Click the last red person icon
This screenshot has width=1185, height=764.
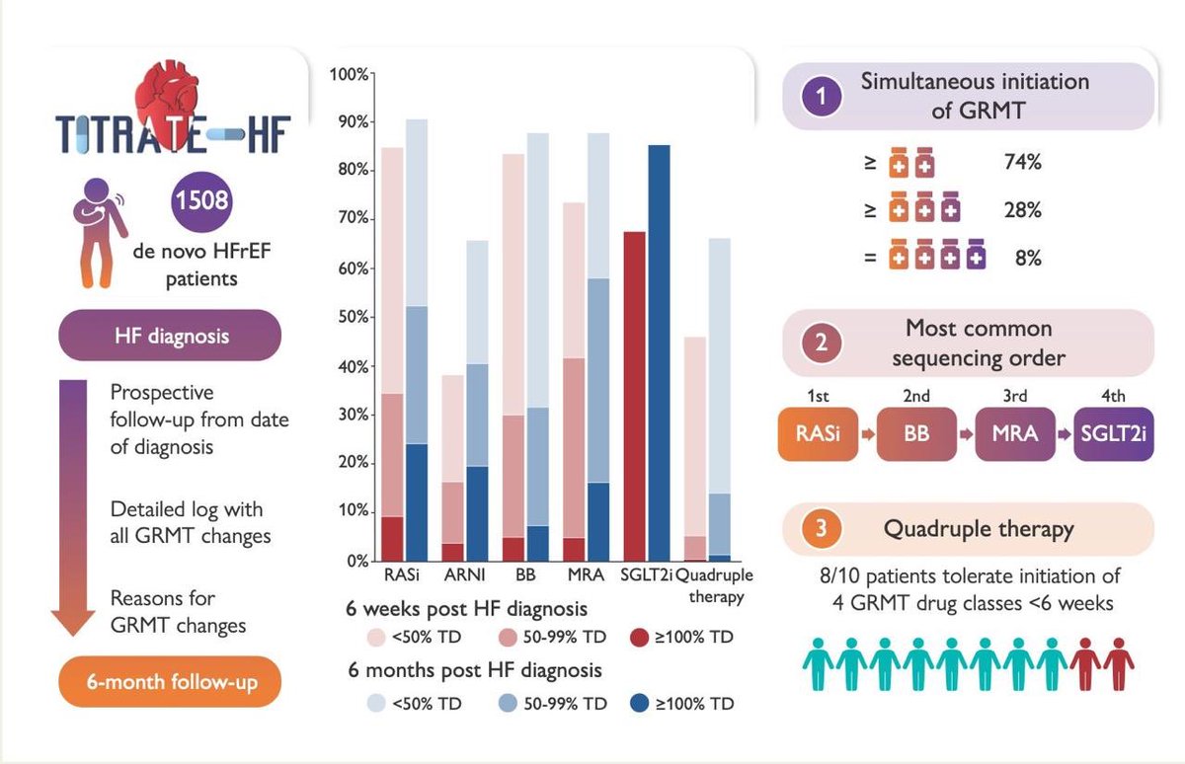coord(1117,664)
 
